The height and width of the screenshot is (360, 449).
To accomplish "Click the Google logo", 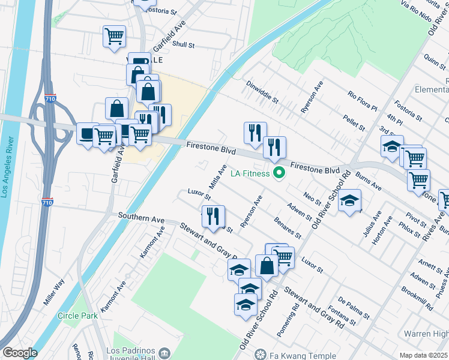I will coord(20,353).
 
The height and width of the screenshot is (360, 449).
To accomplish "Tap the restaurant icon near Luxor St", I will coord(213,217).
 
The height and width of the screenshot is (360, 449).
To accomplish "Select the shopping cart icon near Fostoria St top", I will coord(114,37).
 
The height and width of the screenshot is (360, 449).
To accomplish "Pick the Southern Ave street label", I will coord(141,217).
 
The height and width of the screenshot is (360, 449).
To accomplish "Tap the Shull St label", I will coord(184,44).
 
